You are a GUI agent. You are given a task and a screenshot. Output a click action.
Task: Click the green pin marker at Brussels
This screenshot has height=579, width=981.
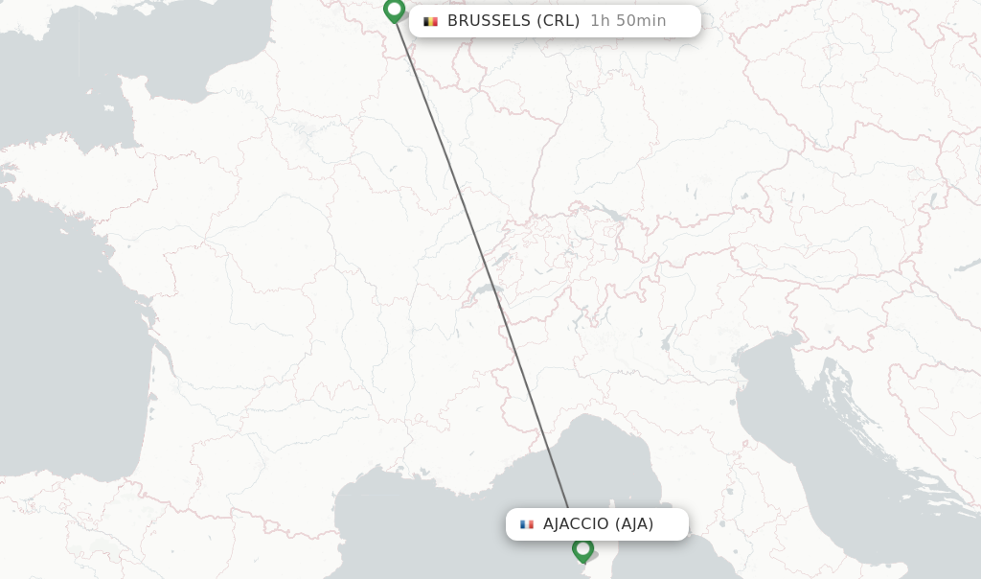click(394, 10)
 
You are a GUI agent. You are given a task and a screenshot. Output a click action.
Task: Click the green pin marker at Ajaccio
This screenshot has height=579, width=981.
click(582, 549)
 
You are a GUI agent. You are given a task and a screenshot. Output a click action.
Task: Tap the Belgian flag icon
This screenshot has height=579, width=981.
click(430, 21)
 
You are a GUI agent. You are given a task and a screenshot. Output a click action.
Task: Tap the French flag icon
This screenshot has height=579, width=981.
click(526, 524)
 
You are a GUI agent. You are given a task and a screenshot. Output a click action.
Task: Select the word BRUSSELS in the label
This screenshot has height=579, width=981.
click(488, 21)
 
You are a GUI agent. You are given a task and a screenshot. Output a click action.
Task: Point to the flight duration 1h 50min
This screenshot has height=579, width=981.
click(627, 21)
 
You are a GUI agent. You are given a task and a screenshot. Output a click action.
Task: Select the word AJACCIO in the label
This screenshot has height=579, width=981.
click(576, 524)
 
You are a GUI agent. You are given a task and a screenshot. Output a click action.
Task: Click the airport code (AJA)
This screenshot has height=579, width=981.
click(634, 524)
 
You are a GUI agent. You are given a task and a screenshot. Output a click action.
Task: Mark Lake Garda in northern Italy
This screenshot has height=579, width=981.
click(667, 338)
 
